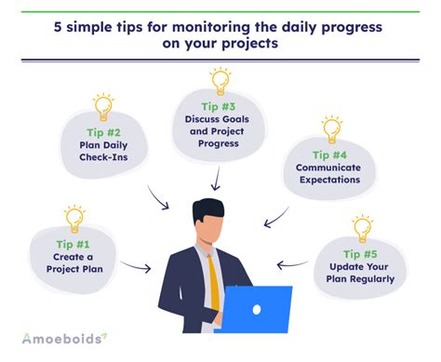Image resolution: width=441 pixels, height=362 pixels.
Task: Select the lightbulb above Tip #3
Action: click(220, 80)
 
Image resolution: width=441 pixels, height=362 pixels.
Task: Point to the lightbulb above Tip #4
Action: click(331, 128)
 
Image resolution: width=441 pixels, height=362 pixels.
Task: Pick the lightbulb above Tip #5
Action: click(362, 228)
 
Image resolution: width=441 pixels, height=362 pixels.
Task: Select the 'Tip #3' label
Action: click(220, 106)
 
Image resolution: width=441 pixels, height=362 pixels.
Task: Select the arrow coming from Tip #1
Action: click(136, 268)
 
